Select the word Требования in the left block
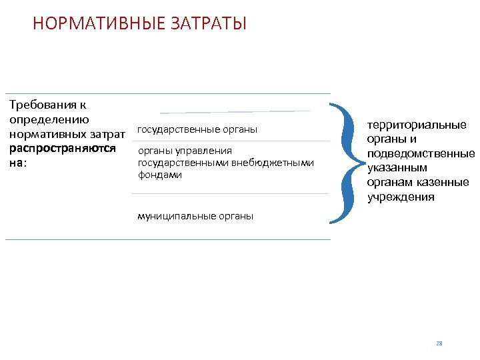pos(38,105)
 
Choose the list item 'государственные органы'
pos(197,129)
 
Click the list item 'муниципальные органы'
pos(195,216)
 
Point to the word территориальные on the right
pos(417,125)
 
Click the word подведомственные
pos(421,153)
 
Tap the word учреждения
pos(401,197)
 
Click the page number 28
pos(439,343)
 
